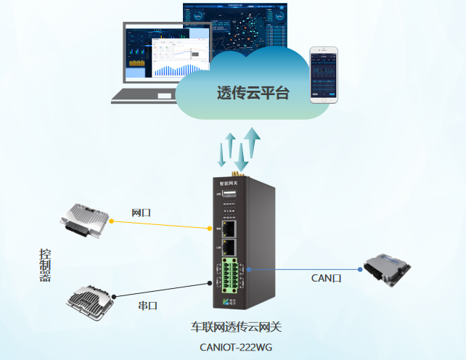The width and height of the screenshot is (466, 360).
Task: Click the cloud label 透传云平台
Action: coord(253,93)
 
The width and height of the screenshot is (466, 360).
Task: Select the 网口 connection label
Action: coord(141,212)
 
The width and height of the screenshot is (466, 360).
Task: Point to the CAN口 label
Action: coord(326,277)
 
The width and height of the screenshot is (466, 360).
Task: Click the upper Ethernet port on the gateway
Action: coord(229,228)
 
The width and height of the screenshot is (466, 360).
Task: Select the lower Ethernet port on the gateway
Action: coord(229,248)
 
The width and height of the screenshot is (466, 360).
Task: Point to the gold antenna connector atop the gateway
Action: coord(235,175)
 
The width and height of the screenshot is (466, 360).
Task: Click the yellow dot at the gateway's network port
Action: coord(210,228)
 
